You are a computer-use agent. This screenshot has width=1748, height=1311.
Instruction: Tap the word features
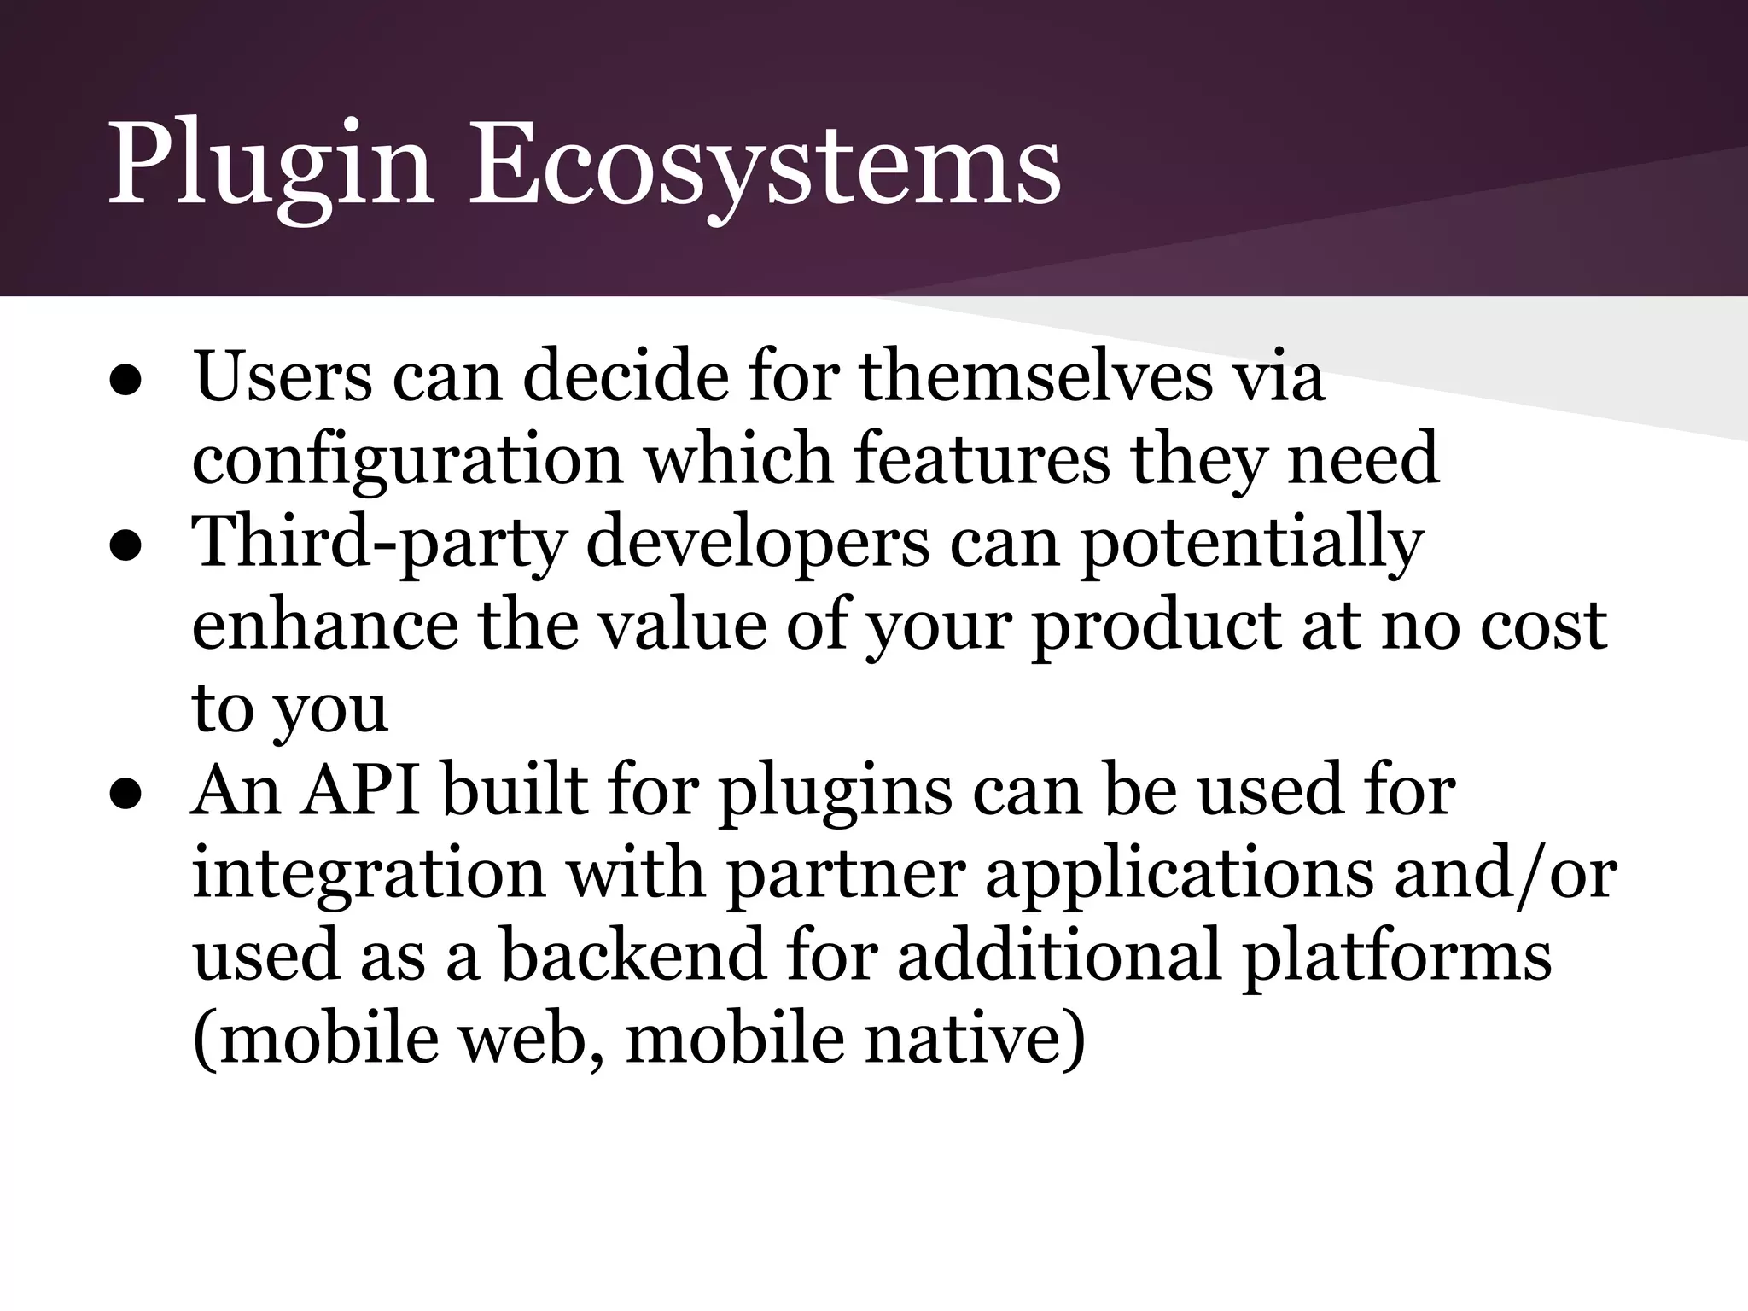point(982,459)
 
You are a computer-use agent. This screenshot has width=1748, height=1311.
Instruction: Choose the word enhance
point(324,625)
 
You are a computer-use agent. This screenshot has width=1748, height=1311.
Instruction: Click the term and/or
point(1506,875)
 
